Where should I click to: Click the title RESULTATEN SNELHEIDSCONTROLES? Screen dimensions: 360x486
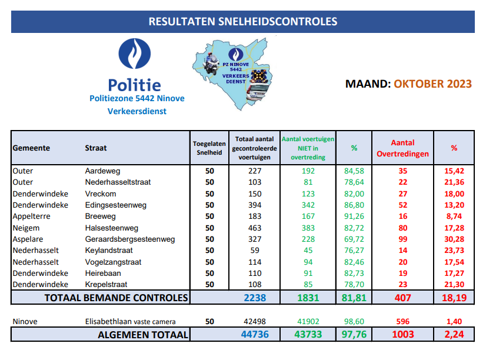tap(243, 22)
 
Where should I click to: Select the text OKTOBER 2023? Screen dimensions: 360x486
tap(432, 84)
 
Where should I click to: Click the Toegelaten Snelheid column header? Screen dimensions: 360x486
tap(209, 148)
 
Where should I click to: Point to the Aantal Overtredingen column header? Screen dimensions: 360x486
tap(402, 148)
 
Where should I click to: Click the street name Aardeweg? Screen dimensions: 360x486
tap(102, 171)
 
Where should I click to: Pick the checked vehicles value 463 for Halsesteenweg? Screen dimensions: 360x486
tap(254, 228)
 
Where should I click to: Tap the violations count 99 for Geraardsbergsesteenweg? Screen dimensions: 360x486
tap(402, 239)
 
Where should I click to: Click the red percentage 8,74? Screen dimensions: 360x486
tap(454, 216)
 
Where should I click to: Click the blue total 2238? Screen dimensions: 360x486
tap(254, 298)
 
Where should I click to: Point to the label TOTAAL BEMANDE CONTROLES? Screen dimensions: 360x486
tap(116, 298)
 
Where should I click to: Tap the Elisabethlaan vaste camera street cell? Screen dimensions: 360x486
tap(130, 322)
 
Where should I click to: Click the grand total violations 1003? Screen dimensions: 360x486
tap(402, 335)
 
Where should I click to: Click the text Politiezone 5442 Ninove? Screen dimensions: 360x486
tap(137, 98)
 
